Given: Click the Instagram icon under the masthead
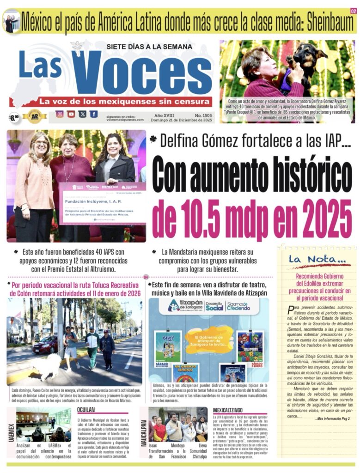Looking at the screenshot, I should pyautogui.click(x=60, y=114).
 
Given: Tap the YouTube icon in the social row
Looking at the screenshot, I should pyautogui.click(x=71, y=114).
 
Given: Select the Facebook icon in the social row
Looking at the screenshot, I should pyautogui.click(x=94, y=114).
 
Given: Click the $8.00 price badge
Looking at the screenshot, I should pyautogui.click(x=14, y=117).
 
